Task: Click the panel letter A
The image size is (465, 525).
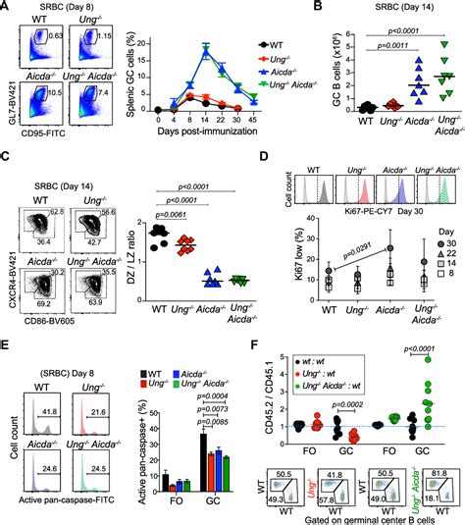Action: coord(7,8)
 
